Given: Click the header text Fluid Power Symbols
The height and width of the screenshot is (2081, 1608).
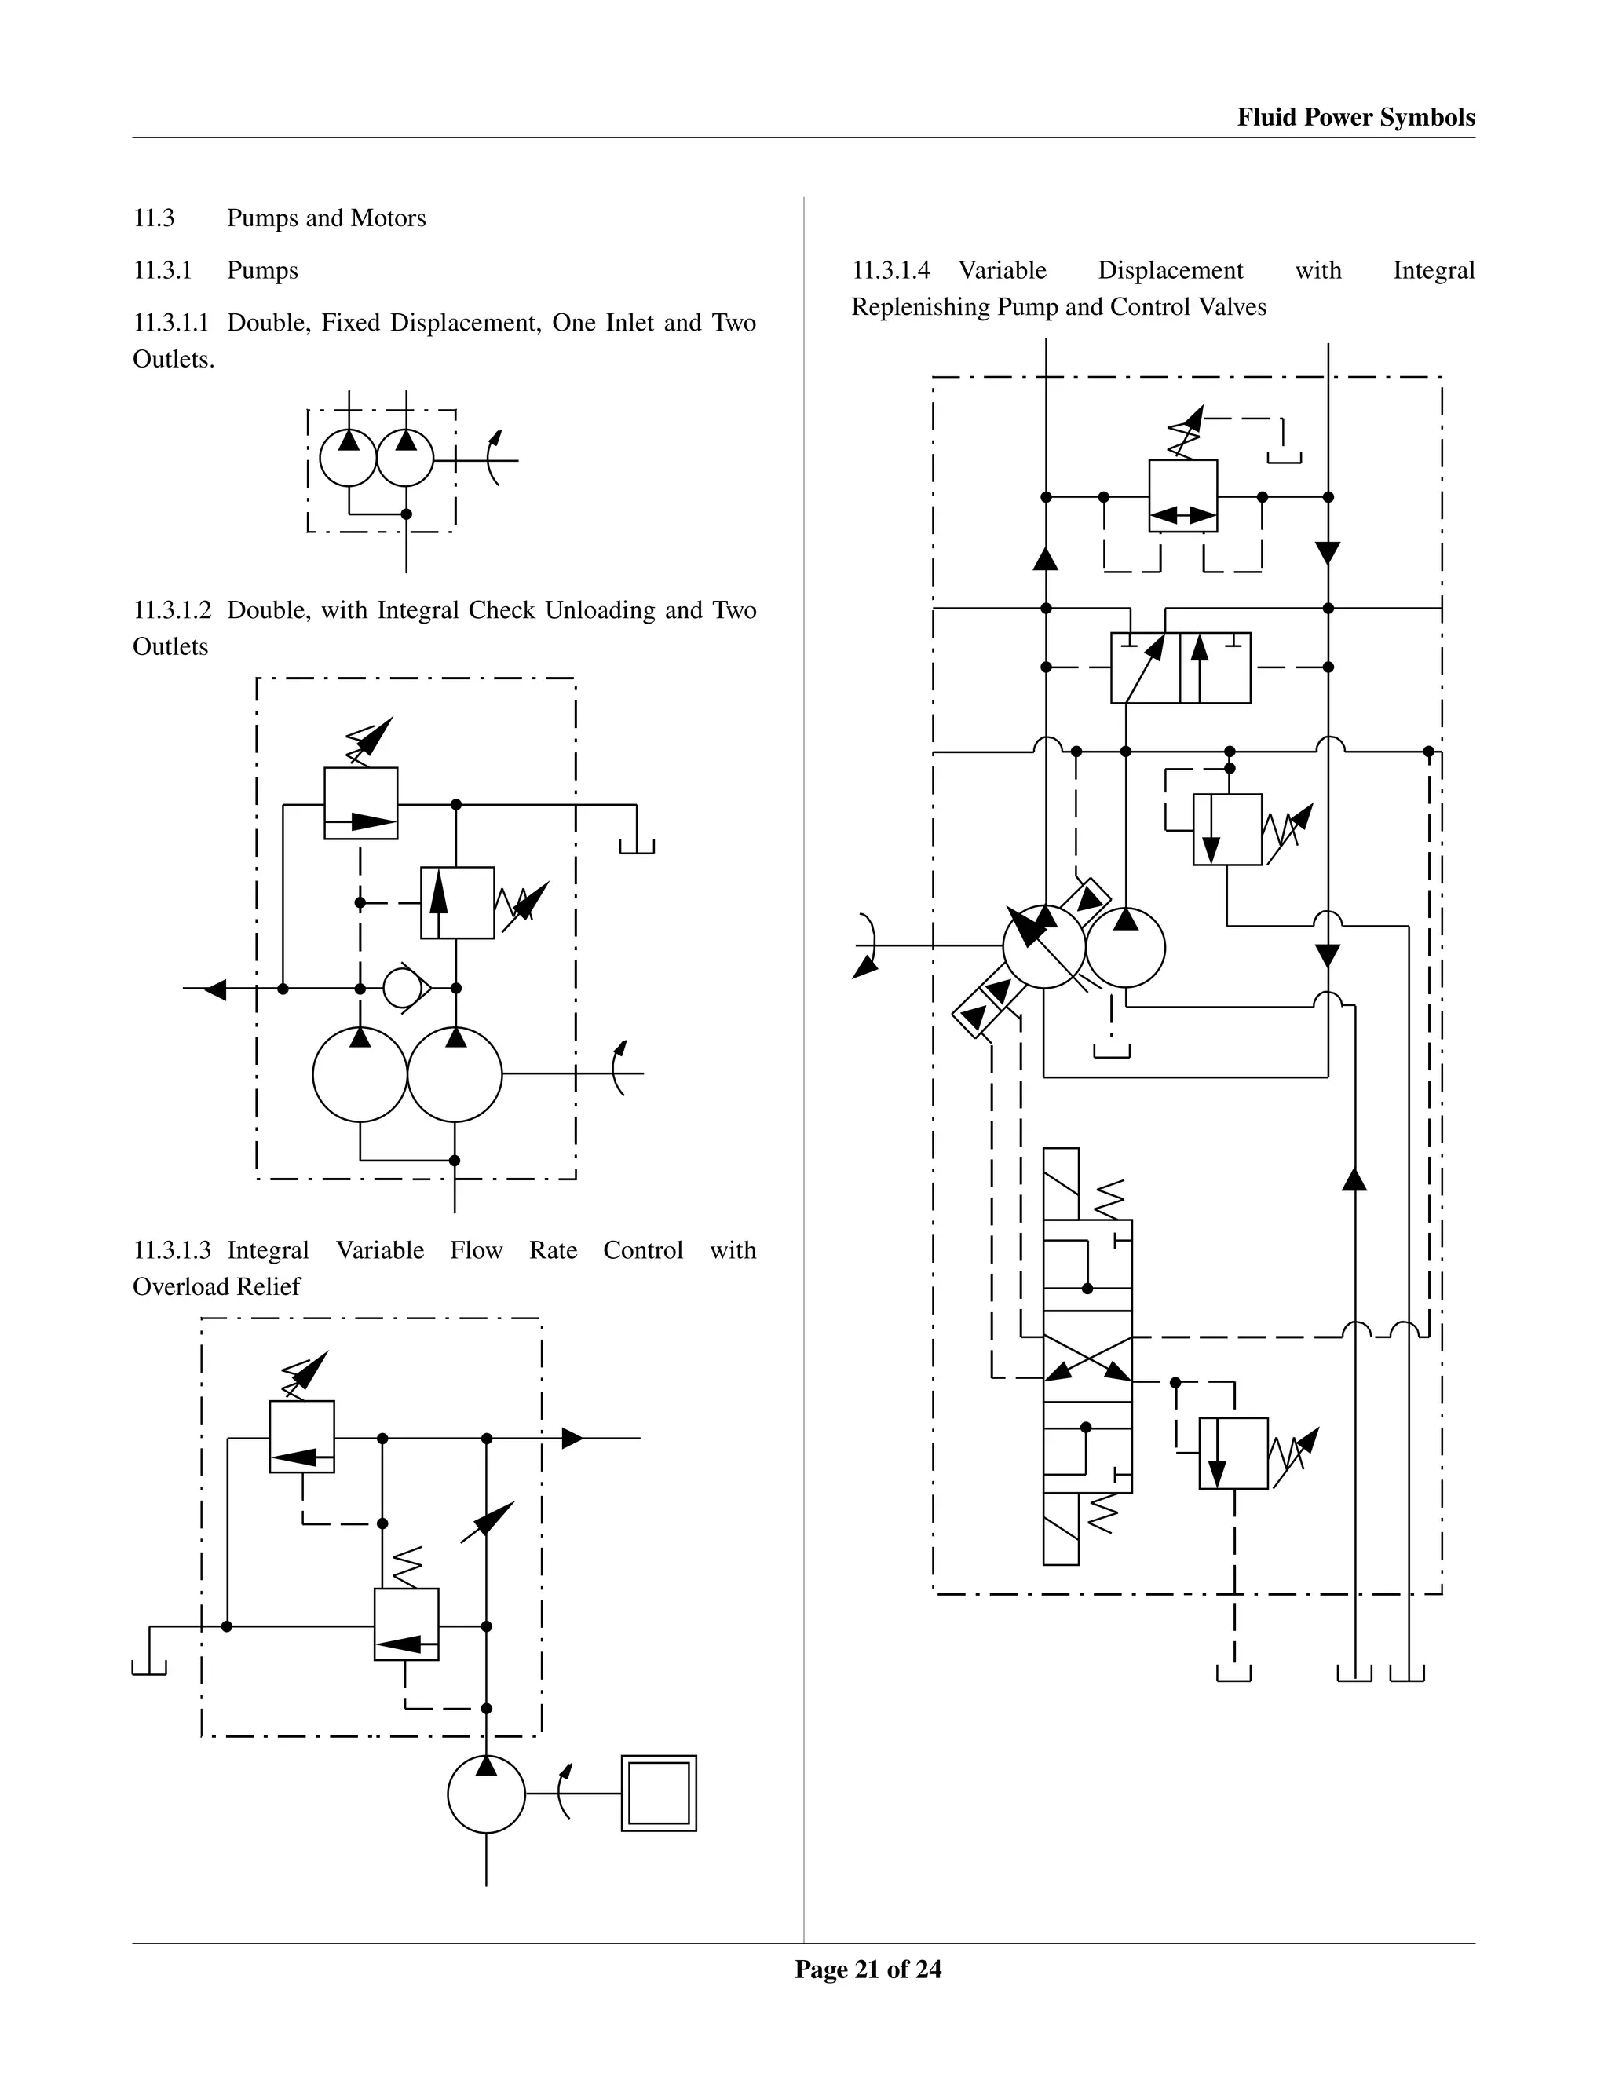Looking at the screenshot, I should [1355, 117].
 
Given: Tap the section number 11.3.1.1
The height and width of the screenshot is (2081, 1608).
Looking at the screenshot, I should [170, 323].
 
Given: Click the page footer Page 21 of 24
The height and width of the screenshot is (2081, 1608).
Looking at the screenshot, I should [868, 1969].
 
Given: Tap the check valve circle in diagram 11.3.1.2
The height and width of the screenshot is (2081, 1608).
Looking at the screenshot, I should [403, 988].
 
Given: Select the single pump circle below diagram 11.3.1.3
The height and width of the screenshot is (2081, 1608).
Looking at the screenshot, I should [486, 1794].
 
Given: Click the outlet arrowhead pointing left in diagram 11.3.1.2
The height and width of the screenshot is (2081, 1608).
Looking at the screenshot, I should [215, 989].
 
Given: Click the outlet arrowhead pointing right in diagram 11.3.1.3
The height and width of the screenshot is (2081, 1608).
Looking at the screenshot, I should [572, 1438].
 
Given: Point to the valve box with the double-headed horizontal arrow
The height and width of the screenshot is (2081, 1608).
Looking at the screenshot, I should [1183, 496].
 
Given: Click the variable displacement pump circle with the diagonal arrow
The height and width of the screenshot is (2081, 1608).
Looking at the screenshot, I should [1044, 946].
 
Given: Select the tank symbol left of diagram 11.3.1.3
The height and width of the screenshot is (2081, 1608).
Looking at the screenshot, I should [148, 1666].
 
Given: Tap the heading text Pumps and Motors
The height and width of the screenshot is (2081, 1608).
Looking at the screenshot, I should [326, 218].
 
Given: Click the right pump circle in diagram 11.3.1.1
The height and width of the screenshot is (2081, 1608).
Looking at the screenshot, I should [406, 459].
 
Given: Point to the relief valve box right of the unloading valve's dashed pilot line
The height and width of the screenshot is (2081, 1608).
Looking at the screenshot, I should [457, 902].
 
